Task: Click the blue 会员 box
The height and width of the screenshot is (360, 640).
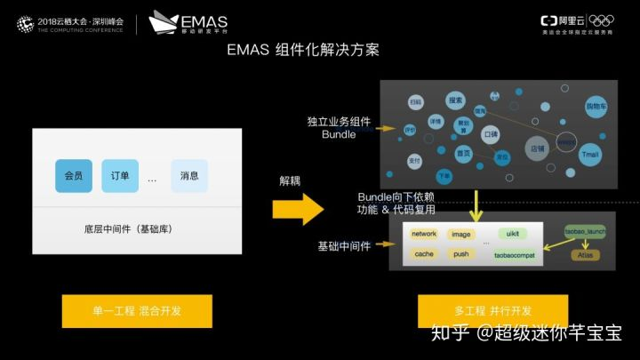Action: point(74,176)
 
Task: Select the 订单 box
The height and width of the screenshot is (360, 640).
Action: point(120,176)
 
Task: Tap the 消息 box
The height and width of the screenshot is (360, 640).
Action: point(189,176)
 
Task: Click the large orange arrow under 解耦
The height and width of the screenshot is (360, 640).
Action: point(298,209)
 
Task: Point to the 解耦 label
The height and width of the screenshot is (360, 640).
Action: point(290,180)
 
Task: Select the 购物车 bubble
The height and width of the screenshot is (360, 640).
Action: point(596,107)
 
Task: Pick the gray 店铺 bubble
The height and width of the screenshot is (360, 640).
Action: point(537,148)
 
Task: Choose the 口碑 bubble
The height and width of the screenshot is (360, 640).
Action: point(491,134)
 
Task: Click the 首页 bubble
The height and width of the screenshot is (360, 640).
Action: point(463,153)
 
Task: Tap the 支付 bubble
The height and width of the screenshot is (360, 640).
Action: point(414,161)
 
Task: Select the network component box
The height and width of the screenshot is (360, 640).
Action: point(424,234)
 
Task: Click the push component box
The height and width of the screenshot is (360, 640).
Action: point(461,254)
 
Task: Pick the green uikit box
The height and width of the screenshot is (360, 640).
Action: point(511,234)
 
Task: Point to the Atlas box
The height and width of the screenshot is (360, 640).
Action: point(586,255)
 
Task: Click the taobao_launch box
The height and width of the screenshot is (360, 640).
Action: point(585,232)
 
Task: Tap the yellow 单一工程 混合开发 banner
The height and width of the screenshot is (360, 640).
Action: point(137,311)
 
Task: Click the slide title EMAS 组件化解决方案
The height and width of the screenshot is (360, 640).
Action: point(303,51)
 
